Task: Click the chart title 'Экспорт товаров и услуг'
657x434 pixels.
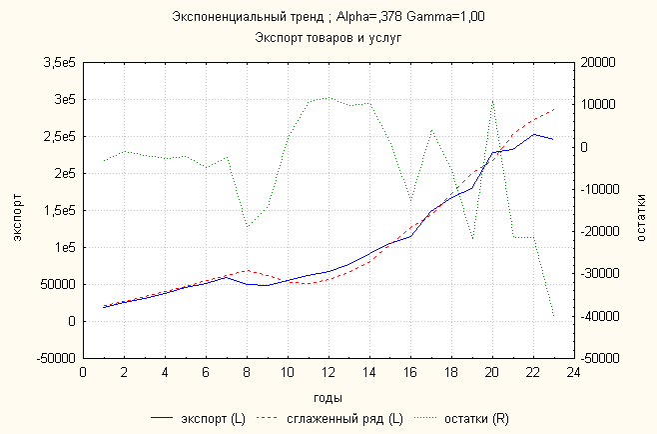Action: coord(328,38)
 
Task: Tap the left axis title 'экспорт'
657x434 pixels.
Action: coord(17,210)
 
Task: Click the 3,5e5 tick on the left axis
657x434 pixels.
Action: coord(59,64)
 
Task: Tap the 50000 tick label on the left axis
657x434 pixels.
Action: coord(56,284)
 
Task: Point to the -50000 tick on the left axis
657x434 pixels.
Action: coord(54,358)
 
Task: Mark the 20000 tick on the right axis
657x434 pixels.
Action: coord(601,63)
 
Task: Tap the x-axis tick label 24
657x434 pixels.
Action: coord(573,372)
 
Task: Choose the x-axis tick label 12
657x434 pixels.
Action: coord(328,372)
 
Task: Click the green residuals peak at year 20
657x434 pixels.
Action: coord(492,100)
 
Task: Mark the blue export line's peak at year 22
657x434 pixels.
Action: coord(533,134)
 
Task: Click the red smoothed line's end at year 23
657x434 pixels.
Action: coord(553,109)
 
